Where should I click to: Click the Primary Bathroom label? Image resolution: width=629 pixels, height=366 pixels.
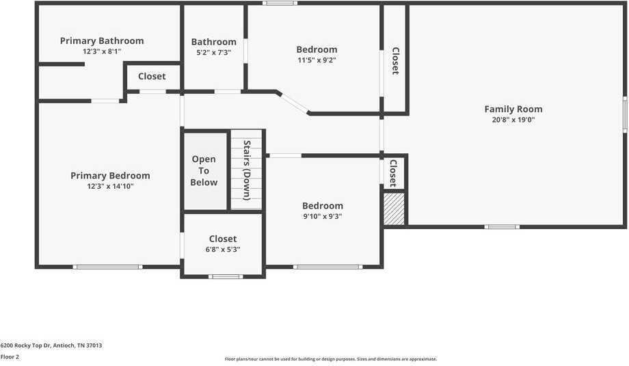(102, 41)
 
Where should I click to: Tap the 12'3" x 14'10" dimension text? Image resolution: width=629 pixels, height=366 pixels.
(110, 186)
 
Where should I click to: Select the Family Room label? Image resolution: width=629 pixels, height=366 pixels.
(513, 109)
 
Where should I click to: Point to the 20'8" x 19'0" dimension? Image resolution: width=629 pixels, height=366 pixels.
(513, 120)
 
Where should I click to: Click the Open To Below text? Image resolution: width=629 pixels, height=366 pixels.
(204, 170)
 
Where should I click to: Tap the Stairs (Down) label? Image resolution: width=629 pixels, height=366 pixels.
(247, 169)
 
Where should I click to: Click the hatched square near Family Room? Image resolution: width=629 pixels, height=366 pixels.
(394, 209)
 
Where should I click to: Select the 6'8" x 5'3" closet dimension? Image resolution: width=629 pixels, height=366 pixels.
(223, 250)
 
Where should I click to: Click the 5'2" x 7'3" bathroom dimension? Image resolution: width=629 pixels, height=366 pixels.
(213, 52)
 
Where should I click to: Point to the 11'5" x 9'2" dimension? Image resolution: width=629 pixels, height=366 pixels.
(317, 60)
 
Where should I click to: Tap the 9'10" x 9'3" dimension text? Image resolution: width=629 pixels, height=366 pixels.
(323, 216)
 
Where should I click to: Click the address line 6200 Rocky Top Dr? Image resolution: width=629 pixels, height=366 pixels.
(51, 345)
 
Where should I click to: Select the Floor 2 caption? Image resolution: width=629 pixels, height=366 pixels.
(10, 356)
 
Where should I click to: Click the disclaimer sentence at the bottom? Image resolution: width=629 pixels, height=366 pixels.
(331, 359)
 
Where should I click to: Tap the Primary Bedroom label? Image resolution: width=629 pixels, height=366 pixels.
(110, 176)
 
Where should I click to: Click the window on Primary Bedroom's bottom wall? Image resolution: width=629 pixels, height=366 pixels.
(108, 267)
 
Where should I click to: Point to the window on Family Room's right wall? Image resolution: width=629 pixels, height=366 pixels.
(625, 114)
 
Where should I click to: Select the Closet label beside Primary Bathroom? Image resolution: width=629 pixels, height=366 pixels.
(152, 76)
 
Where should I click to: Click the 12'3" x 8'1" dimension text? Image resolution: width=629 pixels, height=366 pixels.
(102, 51)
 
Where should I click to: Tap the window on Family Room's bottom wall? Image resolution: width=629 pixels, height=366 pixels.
(502, 226)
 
